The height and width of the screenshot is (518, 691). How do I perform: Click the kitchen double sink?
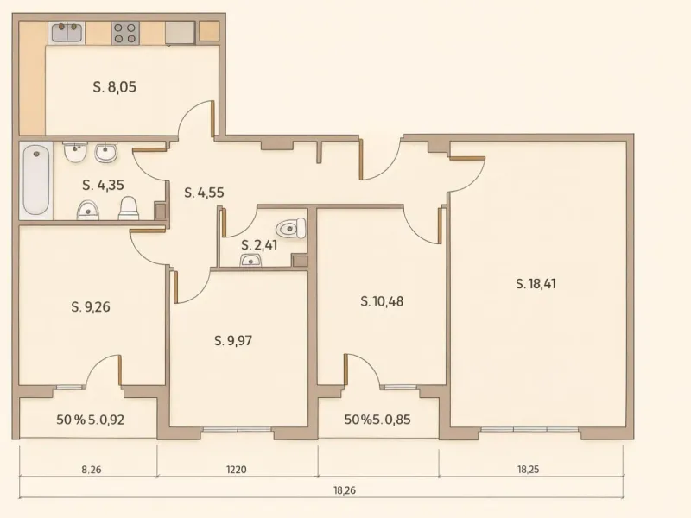(x=66, y=33)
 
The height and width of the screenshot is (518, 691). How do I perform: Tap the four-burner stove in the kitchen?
(x=124, y=33)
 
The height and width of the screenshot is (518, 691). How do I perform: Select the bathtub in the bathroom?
(x=35, y=180)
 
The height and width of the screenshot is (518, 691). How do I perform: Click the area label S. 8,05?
(x=115, y=86)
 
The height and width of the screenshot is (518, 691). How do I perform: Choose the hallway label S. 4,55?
(x=204, y=193)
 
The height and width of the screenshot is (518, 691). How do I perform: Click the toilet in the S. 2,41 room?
(x=290, y=229)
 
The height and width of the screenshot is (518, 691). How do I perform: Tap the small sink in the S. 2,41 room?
(x=251, y=261)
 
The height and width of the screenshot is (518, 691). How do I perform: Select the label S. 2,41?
(x=259, y=245)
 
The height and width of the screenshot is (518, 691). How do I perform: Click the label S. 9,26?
(x=92, y=306)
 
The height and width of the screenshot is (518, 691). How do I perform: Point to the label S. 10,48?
(x=382, y=301)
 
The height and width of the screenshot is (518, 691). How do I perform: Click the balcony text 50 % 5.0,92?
(x=88, y=420)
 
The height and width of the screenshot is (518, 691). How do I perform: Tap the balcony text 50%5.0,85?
(x=377, y=420)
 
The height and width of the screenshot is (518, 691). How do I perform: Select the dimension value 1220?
(x=237, y=471)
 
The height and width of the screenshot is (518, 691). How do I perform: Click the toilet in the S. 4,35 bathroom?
(x=129, y=207)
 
